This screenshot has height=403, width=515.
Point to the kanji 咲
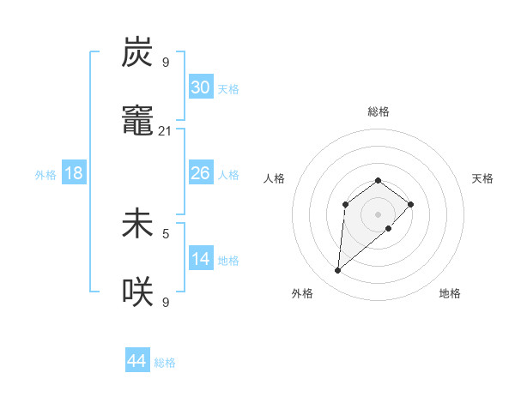(137, 292)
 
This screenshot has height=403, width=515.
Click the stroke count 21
(165, 131)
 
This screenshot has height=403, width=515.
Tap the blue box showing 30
(201, 87)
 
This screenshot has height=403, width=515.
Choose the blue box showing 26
(201, 173)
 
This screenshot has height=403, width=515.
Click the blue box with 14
(201, 259)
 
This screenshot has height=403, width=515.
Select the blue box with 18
(74, 173)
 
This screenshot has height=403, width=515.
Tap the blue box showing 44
(137, 361)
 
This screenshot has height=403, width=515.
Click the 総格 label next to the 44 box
(165, 363)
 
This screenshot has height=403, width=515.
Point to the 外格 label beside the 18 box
(45, 175)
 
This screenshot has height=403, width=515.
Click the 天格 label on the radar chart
(482, 178)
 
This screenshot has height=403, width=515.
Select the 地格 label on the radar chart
(450, 293)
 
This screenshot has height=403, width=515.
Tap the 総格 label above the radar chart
(379, 111)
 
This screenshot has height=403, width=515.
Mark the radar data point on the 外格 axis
(337, 271)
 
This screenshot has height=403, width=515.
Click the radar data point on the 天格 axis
(411, 204)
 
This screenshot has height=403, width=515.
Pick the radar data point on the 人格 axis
(345, 204)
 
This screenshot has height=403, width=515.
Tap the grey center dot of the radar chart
(379, 214)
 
